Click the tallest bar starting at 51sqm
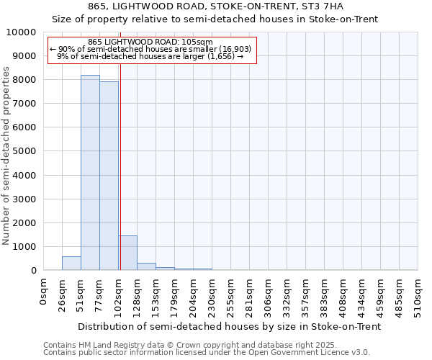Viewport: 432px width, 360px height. point(90,173)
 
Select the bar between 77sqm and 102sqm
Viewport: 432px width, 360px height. point(109,176)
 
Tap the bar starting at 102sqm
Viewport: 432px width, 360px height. point(127,253)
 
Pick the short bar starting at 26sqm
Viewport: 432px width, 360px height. point(71,264)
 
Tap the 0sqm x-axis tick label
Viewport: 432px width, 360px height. point(44,295)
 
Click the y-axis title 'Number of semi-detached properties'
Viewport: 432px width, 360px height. point(6,156)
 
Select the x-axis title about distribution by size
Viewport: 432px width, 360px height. point(229,327)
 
